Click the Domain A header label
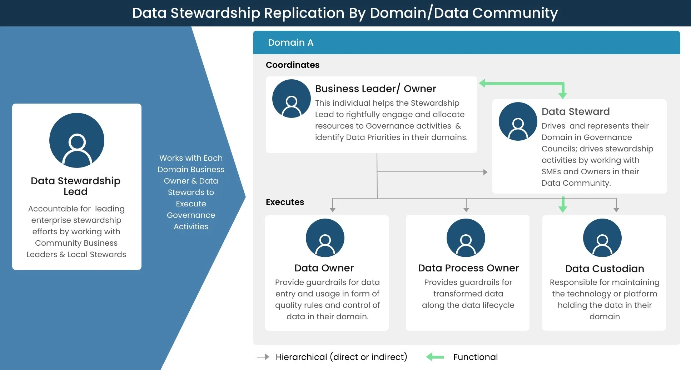(x=290, y=42)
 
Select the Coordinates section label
(x=293, y=65)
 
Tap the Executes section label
(x=285, y=202)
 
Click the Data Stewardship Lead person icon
(x=77, y=140)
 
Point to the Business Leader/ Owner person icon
(x=292, y=99)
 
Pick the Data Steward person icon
(x=518, y=121)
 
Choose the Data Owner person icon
(x=325, y=238)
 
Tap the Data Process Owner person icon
(x=466, y=238)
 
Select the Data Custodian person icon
(x=602, y=238)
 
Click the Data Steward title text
(x=576, y=111)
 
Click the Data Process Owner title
(x=468, y=268)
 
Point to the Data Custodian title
(x=605, y=269)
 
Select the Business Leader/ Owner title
(x=376, y=89)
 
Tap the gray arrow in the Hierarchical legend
(x=263, y=357)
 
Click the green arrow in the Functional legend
(x=435, y=357)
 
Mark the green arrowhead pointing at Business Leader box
(x=482, y=83)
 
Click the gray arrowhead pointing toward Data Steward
(x=485, y=172)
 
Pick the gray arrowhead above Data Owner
(x=333, y=210)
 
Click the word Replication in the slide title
(x=304, y=13)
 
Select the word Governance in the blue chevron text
(x=191, y=215)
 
